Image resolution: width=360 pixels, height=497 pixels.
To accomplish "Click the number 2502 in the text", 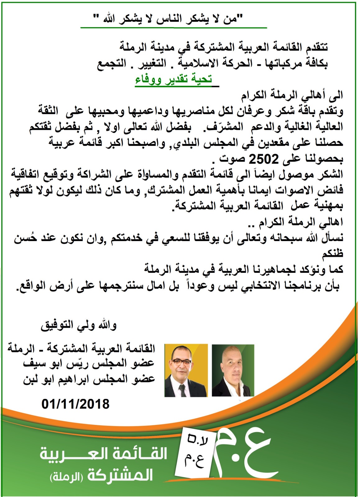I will (264, 159).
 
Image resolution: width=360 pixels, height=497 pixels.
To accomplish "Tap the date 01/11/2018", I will (76, 404).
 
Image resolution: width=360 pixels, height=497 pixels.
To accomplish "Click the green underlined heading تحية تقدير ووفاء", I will (173, 79).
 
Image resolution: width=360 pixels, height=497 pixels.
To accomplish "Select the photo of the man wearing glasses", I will (186, 370).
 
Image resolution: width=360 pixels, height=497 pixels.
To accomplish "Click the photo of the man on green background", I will (233, 370).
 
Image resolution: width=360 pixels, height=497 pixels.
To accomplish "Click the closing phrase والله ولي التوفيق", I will (79, 326).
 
